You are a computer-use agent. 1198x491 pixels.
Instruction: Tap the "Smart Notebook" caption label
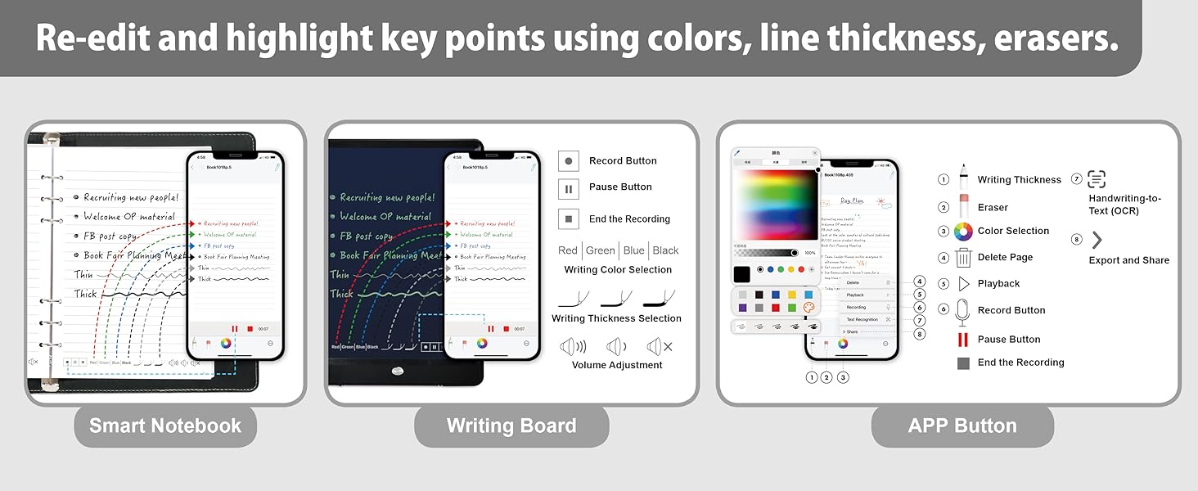coord(165,426)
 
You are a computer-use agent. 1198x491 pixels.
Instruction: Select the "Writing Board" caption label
coord(511,426)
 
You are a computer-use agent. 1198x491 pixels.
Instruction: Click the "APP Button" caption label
coord(962,426)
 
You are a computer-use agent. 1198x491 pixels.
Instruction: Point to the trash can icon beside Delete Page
coord(963,257)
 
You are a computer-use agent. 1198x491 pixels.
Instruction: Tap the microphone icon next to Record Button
coord(963,311)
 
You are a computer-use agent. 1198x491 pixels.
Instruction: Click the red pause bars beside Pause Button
coord(963,340)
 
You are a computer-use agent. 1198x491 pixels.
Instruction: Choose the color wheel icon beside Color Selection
coord(963,232)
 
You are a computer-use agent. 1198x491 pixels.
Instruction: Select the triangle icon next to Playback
coord(963,284)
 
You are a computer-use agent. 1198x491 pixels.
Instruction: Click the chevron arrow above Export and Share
coord(1097,240)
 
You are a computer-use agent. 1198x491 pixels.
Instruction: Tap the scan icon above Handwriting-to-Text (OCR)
coord(1097,179)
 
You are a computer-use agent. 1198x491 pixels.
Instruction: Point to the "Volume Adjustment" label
coord(617,365)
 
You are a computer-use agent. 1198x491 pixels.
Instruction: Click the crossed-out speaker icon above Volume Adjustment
coord(660,346)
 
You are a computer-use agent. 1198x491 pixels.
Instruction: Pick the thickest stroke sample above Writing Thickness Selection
coord(660,297)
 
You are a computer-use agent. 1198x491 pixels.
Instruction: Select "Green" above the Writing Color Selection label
coord(600,250)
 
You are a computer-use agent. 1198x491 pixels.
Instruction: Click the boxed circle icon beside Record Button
coord(569,161)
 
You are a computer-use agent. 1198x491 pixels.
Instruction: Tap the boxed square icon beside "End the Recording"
coord(569,218)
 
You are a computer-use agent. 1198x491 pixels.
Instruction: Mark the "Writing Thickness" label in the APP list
coord(1019,180)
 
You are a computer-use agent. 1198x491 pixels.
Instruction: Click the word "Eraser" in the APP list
coord(993,208)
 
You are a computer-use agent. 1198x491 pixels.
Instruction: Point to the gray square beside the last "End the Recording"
coord(963,363)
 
